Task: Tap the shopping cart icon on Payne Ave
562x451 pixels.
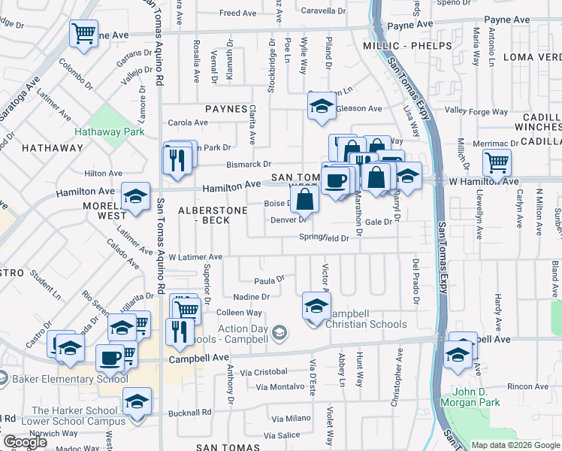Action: coord(83,33)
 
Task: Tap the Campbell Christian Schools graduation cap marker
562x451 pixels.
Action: coord(316,306)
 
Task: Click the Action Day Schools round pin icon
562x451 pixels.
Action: coord(280,331)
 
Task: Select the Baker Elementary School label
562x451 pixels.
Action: coord(70,378)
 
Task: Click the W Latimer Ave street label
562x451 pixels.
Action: coord(195,257)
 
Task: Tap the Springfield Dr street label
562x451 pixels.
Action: coord(325,238)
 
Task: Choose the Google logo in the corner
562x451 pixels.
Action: coord(26,441)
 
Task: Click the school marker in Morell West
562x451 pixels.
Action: coord(135,196)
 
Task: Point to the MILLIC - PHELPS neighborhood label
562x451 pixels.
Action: coord(407,46)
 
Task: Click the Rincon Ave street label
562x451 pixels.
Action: coord(527,386)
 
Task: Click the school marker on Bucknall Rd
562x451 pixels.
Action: coord(137,401)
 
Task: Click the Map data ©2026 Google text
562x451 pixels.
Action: coord(515,445)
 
